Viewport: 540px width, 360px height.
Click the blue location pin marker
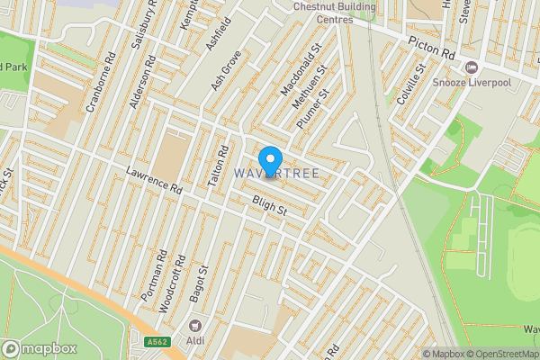pyautogui.click(x=268, y=157)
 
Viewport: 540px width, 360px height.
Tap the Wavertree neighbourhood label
pyautogui.click(x=276, y=172)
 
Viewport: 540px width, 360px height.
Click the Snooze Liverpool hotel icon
pyautogui.click(x=470, y=68)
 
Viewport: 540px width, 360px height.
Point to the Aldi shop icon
pyautogui.click(x=193, y=325)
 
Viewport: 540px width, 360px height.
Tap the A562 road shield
pyautogui.click(x=157, y=340)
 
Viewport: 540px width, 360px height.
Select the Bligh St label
pyautogui.click(x=268, y=208)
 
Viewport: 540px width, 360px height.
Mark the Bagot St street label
pyautogui.click(x=203, y=284)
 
